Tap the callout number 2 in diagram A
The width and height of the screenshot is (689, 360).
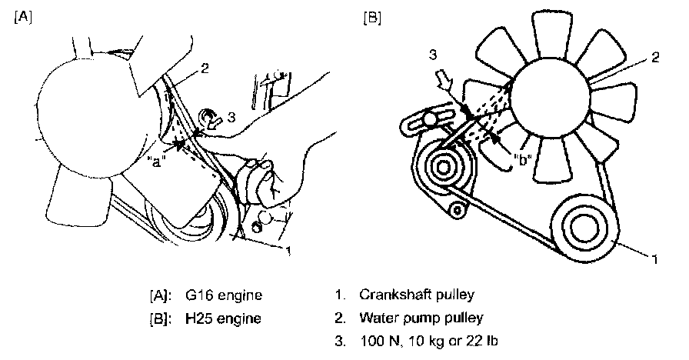pos(205,68)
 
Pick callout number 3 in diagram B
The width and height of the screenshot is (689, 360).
pos(433,55)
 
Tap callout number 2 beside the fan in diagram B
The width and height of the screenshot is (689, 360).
pos(655,57)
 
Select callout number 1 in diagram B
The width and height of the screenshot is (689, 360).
pos(654,260)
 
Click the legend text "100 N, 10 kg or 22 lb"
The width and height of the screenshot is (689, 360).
pos(424,339)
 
